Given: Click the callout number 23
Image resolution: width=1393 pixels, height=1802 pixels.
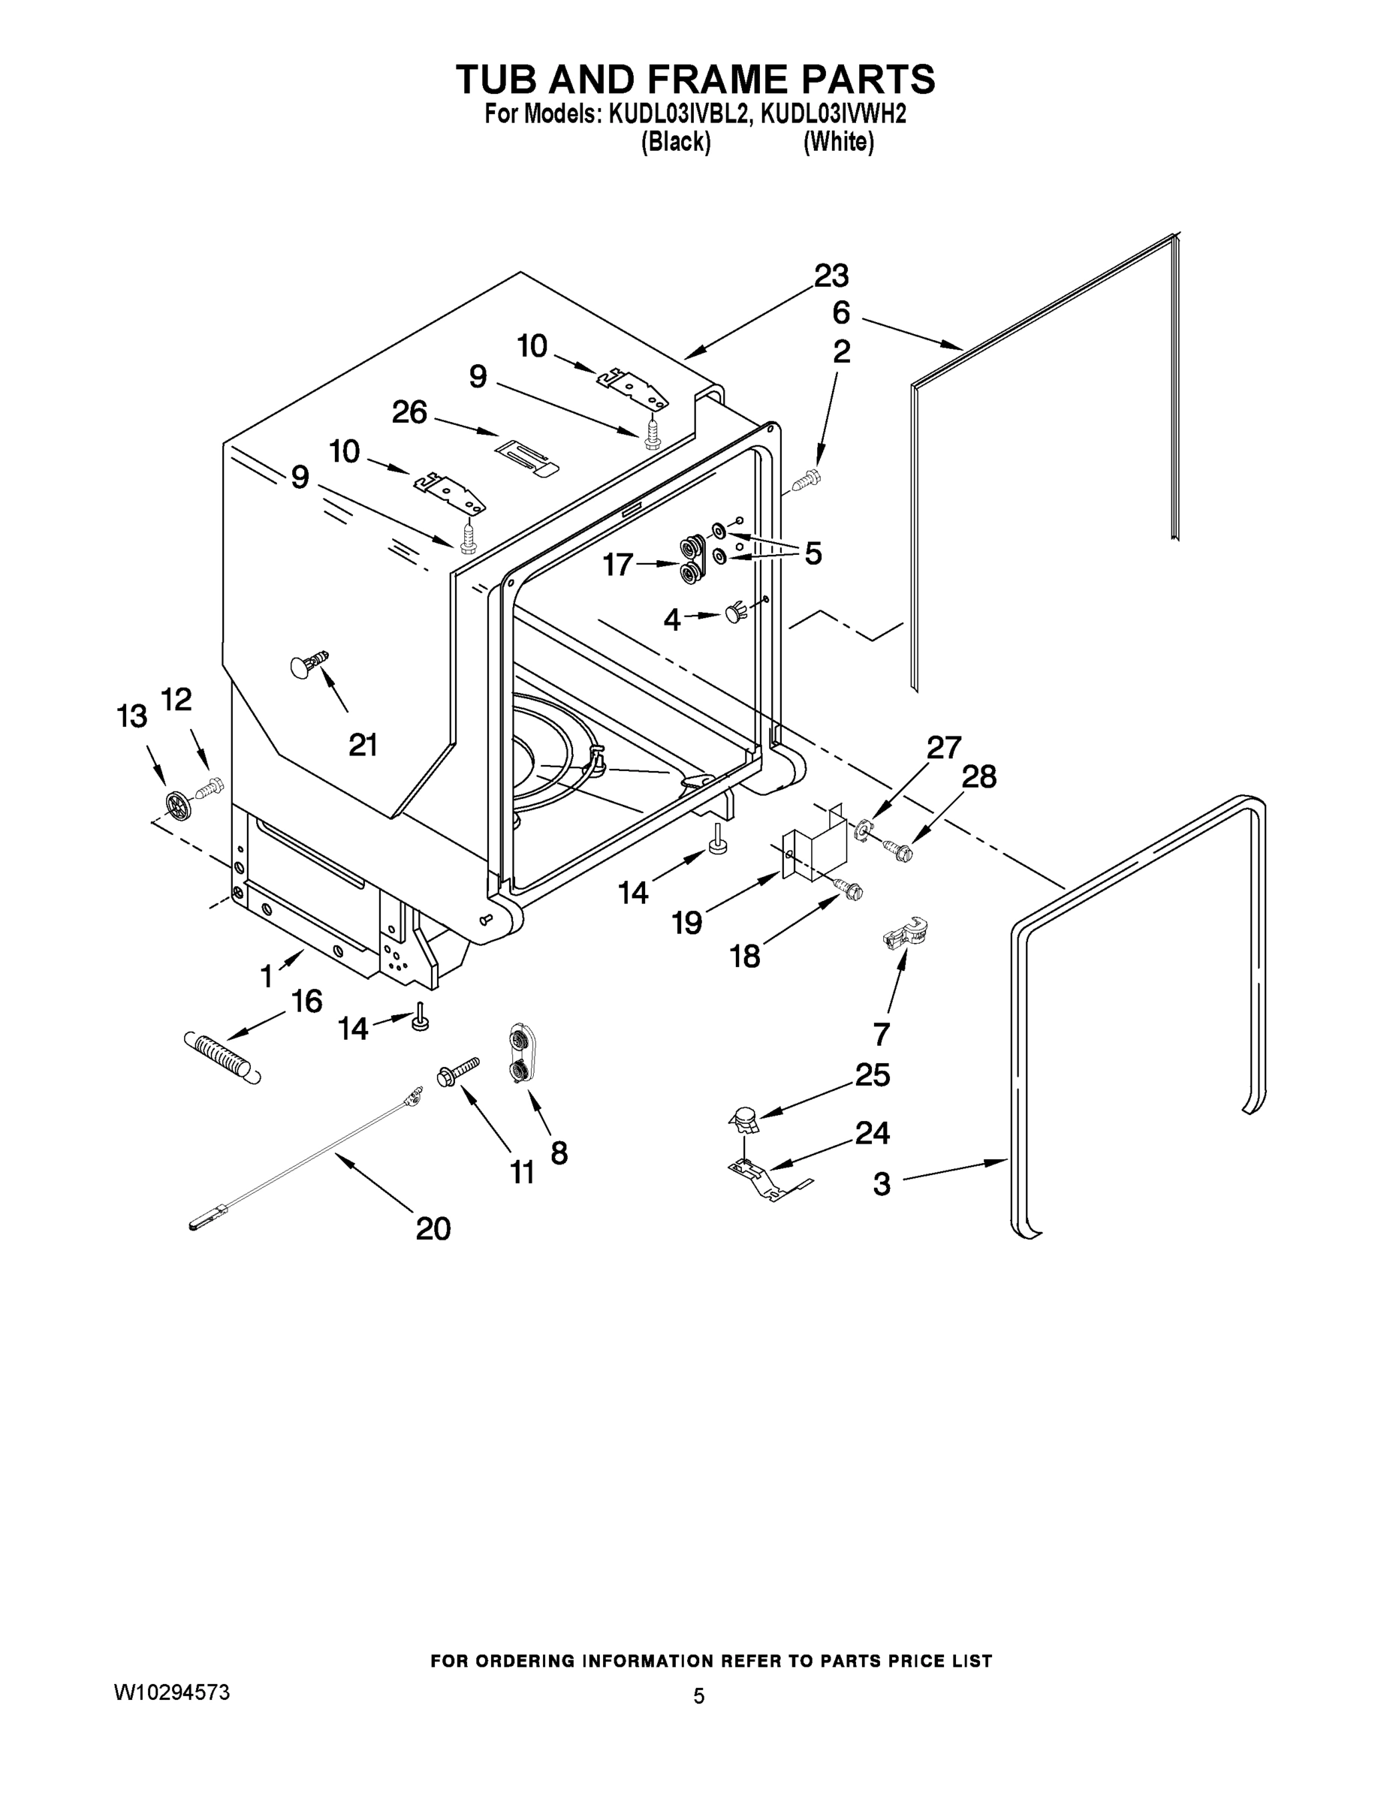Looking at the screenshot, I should [831, 276].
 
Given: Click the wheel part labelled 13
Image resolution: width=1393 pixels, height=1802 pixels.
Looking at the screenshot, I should [178, 804].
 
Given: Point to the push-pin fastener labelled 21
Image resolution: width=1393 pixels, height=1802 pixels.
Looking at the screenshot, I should [309, 664].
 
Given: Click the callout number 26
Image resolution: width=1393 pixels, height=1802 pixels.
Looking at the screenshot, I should [409, 411].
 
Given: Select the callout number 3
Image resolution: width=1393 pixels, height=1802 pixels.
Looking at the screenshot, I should [882, 1184].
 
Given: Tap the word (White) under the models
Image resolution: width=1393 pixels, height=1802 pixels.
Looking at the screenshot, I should [839, 142].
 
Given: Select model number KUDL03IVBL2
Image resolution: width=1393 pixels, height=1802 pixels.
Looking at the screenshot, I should [680, 114].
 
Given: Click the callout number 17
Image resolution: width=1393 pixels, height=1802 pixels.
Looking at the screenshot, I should [617, 565].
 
